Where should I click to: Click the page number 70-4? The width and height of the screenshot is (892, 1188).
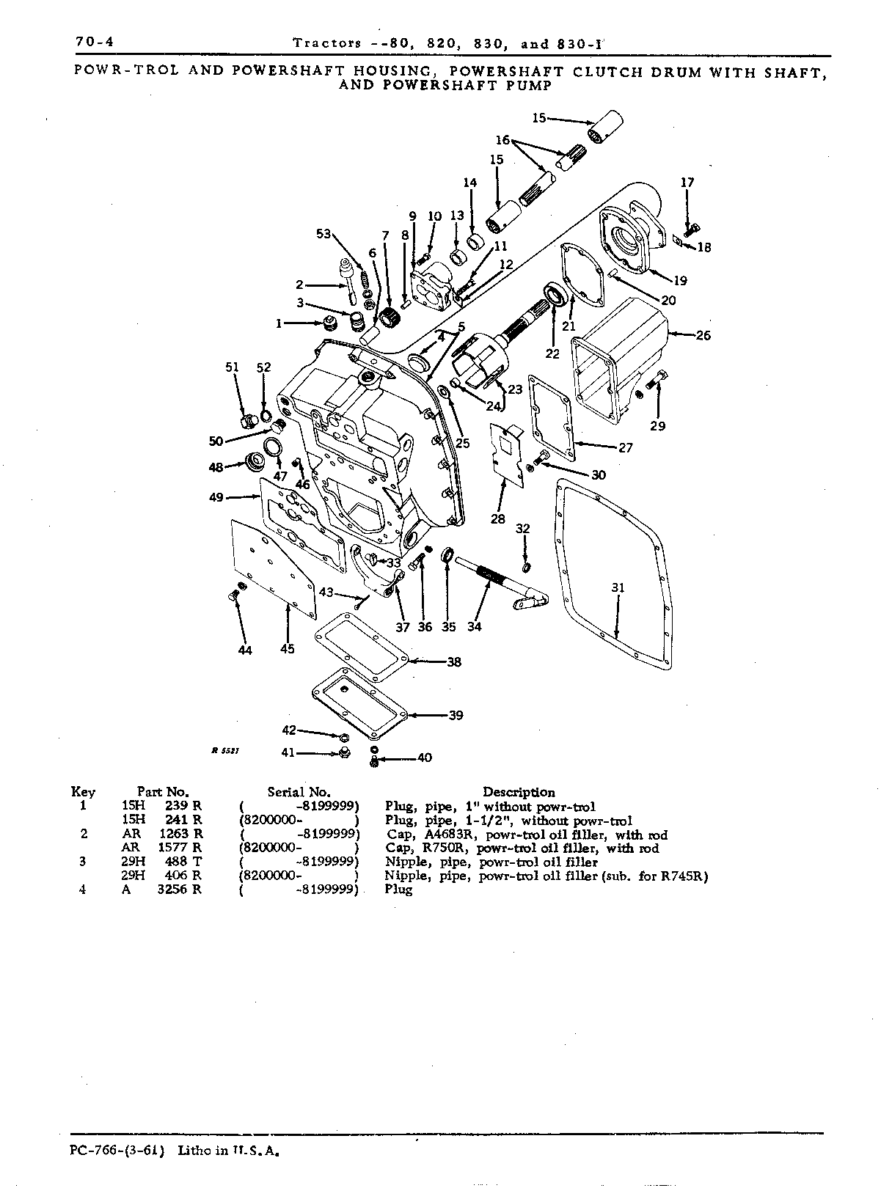(95, 41)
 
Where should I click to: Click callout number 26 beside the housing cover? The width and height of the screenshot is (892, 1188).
(703, 336)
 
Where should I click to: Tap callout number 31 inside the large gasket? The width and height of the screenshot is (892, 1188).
(618, 587)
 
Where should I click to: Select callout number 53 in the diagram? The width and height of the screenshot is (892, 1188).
(323, 235)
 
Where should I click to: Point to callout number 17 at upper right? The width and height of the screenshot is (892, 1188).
(687, 183)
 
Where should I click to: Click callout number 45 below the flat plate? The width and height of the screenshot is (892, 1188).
(288, 648)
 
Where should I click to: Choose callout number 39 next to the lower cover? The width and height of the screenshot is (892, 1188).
(456, 715)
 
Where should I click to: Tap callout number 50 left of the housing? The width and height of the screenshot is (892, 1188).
(216, 441)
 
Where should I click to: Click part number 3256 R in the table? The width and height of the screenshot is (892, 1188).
(179, 890)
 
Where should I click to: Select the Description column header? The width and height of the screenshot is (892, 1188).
(519, 793)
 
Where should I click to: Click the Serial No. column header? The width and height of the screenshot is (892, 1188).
(299, 792)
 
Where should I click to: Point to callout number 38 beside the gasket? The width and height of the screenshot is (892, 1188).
(453, 661)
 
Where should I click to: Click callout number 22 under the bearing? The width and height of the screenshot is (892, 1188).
(552, 353)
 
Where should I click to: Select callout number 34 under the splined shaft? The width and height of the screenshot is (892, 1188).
(474, 626)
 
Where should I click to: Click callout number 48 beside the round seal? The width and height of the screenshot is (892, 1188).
(216, 466)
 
